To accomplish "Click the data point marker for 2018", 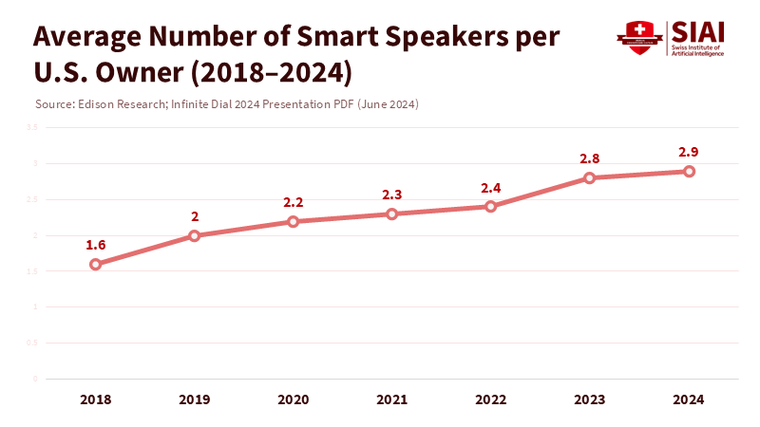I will point(95,264).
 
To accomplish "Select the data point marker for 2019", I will point(194,235).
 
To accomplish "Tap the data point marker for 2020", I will point(293,221).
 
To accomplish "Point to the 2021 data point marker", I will point(392,213).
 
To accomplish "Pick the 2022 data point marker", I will point(490,206).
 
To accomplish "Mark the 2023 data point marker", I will point(590,177).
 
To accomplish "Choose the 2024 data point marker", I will point(689,171).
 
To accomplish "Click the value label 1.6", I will point(95,245).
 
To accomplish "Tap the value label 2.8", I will point(590,158).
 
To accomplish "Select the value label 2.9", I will point(689,152).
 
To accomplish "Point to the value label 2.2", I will point(293,202).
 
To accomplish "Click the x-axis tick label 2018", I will point(95,400).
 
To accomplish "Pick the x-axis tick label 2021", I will point(392,400).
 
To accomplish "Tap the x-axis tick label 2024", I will point(689,400).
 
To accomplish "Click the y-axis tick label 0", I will point(35,379).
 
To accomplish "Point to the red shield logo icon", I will point(640,37).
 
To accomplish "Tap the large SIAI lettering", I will point(698,30).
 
